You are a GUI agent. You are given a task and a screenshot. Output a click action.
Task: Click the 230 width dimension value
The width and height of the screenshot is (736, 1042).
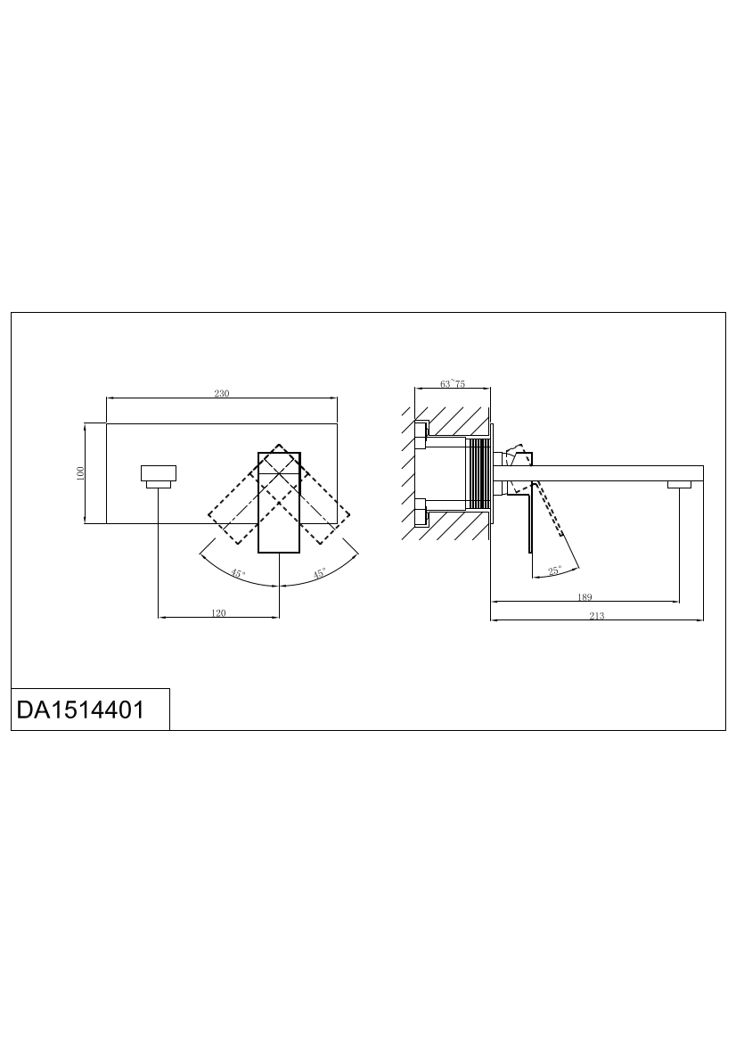point(221,393)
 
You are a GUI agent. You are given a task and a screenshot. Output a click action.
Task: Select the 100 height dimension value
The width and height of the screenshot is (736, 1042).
point(80,473)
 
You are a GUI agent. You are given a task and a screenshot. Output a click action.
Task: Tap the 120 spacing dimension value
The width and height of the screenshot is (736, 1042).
point(218,613)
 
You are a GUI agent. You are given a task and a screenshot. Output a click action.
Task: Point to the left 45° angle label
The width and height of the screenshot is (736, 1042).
point(238,573)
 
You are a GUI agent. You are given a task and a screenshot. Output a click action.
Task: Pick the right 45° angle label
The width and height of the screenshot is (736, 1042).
point(320,573)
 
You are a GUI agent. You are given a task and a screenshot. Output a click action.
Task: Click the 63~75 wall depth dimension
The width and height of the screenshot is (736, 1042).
point(453,383)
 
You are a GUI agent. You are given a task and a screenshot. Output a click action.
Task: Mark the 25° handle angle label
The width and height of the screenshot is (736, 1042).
point(554,570)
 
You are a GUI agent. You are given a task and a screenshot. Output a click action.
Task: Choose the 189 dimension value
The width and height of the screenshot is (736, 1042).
point(585,597)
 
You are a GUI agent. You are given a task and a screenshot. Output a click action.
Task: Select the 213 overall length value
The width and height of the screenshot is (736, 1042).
point(596,616)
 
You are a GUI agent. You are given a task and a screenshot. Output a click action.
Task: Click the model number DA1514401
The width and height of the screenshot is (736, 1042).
point(80,710)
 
